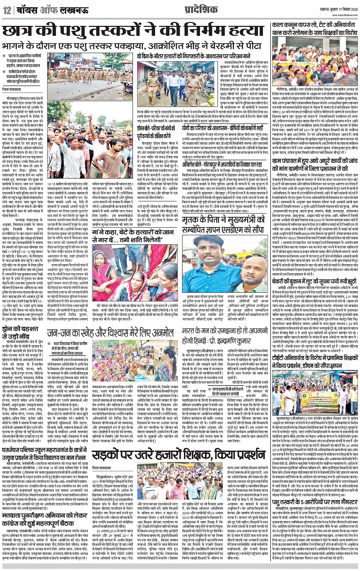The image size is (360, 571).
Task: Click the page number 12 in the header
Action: point(6,10)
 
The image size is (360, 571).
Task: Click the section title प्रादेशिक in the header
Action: point(195,10)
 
